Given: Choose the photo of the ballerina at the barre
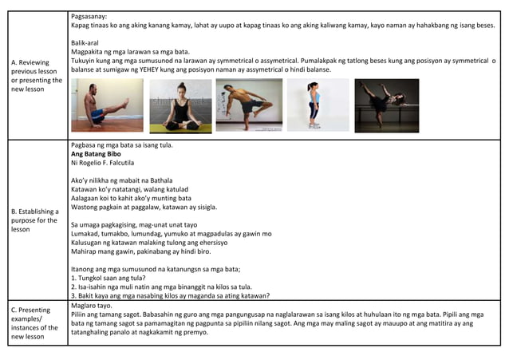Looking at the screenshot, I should [386, 105].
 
